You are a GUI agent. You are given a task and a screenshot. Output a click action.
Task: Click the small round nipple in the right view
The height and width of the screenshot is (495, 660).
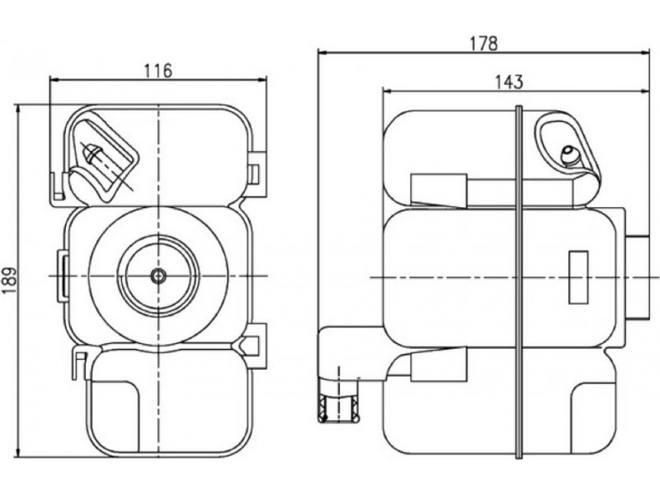click(568, 153)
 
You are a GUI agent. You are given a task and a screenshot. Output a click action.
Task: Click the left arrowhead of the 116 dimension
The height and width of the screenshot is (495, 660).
click(54, 80)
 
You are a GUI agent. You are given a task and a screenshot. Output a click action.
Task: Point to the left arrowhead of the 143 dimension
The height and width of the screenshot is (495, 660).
click(386, 89)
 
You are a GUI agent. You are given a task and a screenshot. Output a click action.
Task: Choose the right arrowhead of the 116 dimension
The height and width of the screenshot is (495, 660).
click(264, 80)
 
